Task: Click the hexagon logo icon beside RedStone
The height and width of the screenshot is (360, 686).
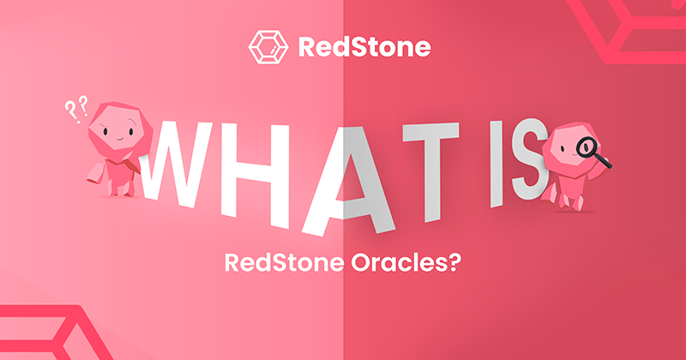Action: pos(264,46)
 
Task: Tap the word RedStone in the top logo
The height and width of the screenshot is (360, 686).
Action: pos(364,46)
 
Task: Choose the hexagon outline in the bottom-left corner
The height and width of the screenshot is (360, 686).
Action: pos(51,334)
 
